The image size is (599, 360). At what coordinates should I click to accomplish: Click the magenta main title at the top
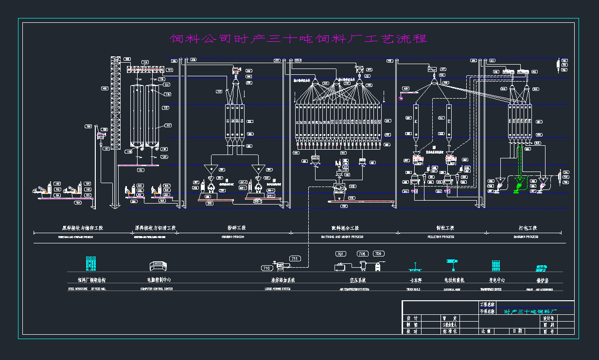pos(299,39)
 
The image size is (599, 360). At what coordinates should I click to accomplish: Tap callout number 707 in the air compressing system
pos(340,254)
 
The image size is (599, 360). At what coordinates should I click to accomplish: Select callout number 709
pos(378,254)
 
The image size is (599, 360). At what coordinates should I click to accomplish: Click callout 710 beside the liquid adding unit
pos(266,268)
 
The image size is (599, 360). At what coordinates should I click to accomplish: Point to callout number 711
pos(295,258)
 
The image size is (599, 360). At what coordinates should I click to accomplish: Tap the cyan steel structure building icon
pos(91,263)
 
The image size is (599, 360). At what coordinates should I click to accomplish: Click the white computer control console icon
pos(158,266)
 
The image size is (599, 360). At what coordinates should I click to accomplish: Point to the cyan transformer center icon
pos(495,265)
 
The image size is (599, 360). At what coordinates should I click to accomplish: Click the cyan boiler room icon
pos(542,267)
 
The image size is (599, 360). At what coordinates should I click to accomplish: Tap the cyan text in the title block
pos(530,311)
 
